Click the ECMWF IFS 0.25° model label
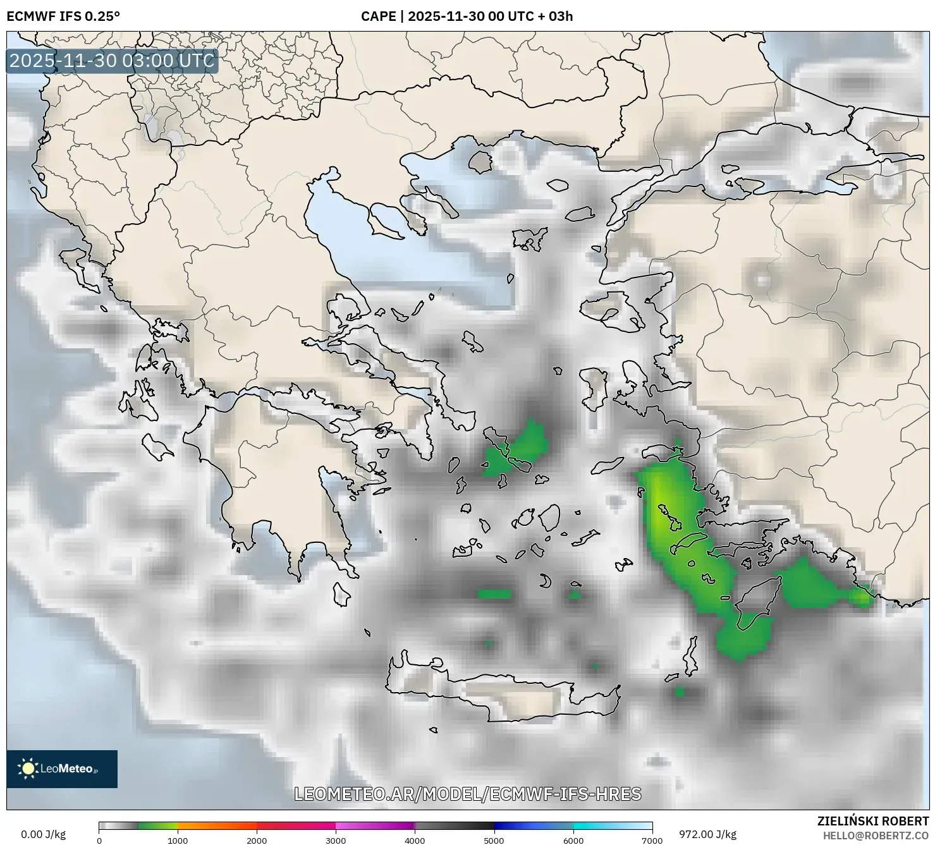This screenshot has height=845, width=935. [x=63, y=16]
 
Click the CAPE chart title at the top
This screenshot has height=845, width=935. [x=467, y=16]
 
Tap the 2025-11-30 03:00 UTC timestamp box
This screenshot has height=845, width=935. [x=112, y=61]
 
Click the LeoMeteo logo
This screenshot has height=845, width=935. [x=62, y=769]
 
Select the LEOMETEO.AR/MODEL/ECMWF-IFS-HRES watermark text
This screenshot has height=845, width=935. [x=468, y=794]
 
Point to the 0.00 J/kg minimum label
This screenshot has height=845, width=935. [x=43, y=834]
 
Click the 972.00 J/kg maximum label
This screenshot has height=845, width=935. [x=707, y=834]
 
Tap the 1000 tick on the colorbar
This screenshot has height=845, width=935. [x=178, y=841]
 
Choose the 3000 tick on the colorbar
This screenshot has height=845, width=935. [x=336, y=841]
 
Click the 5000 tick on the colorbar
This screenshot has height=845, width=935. [x=494, y=841]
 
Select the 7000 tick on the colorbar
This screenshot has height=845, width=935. [x=652, y=841]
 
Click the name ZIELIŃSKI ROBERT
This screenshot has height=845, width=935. [x=873, y=822]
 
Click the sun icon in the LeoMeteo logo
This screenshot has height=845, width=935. [x=28, y=769]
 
